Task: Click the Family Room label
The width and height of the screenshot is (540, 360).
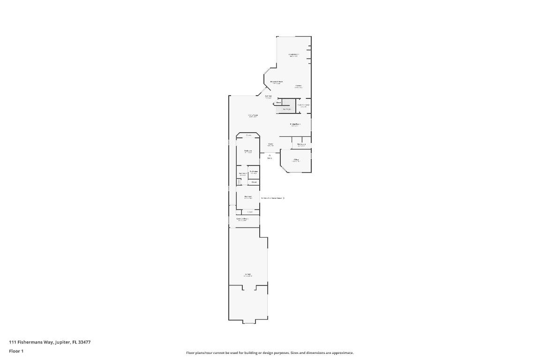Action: pyautogui.click(x=293, y=54)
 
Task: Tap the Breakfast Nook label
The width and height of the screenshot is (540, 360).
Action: pyautogui.click(x=277, y=82)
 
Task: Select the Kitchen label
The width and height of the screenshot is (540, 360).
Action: pyautogui.click(x=298, y=86)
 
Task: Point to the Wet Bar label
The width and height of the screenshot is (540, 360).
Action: pyautogui.click(x=268, y=96)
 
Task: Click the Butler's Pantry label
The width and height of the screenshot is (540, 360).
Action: pyautogui.click(x=303, y=105)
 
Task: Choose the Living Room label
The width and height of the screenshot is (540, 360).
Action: pyautogui.click(x=253, y=115)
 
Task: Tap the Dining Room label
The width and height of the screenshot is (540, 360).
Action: pyautogui.click(x=295, y=124)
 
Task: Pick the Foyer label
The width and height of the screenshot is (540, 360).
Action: pyautogui.click(x=270, y=144)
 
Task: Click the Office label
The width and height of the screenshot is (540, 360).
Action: pyautogui.click(x=296, y=160)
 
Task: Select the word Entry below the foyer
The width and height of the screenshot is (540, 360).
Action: pyautogui.click(x=270, y=158)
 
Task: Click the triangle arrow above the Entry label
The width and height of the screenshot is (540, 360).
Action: pyautogui.click(x=270, y=155)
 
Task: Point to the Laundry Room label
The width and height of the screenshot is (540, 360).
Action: pyautogui.click(x=242, y=218)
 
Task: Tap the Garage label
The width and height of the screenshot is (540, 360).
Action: pyautogui.click(x=247, y=274)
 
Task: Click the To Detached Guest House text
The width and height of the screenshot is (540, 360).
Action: pyautogui.click(x=271, y=198)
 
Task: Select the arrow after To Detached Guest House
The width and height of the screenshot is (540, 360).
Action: pyautogui.click(x=284, y=198)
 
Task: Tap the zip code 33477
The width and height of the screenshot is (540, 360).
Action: pyautogui.click(x=85, y=342)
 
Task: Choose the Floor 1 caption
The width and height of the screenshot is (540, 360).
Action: pyautogui.click(x=16, y=351)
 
